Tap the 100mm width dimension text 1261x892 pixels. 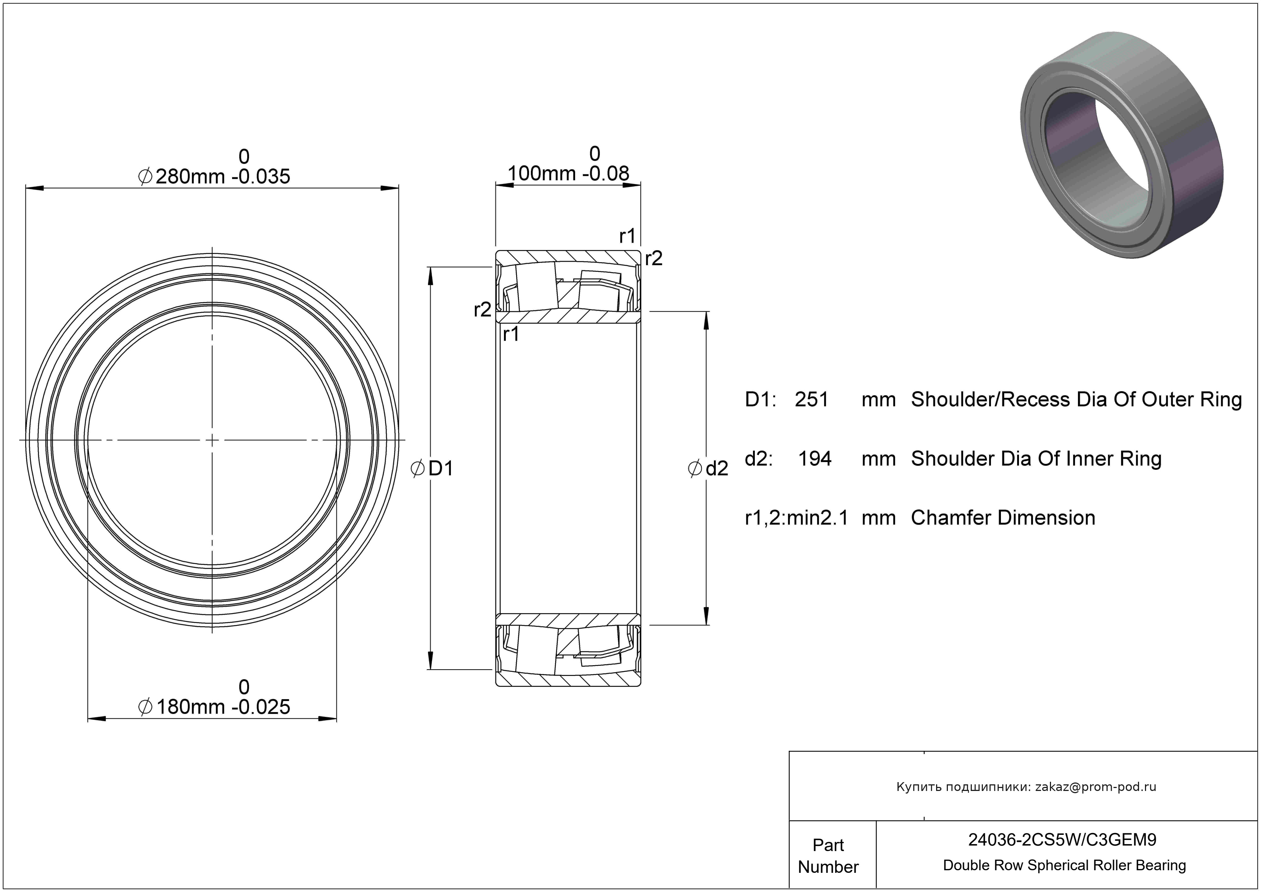[x=542, y=174]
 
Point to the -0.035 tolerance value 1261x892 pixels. [x=260, y=176]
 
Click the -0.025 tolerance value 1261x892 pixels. [x=260, y=707]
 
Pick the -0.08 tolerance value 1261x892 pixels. [x=606, y=174]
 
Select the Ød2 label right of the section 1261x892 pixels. [x=708, y=468]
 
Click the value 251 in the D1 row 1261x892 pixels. [x=812, y=400]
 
